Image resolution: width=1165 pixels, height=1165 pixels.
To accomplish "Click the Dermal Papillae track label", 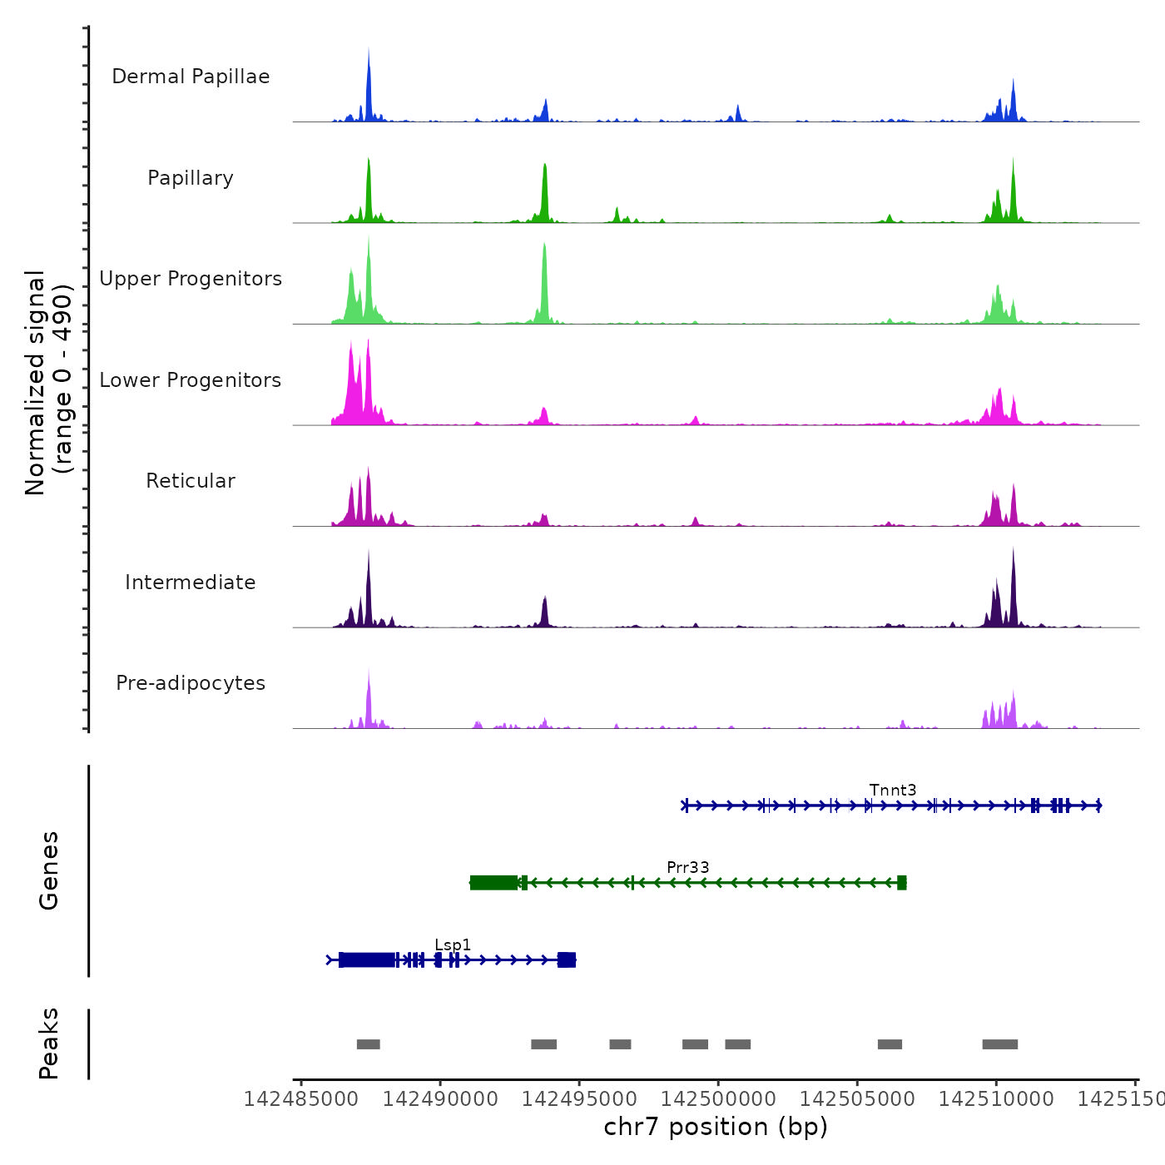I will [191, 77].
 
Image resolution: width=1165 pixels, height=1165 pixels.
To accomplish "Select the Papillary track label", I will [191, 178].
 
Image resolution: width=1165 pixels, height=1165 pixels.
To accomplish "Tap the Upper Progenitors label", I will [191, 279].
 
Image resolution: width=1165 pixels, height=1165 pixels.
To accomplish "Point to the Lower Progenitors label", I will [191, 380].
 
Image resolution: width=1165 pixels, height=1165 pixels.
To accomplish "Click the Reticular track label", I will [191, 481].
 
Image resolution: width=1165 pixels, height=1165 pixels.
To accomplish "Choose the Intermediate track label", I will [191, 582].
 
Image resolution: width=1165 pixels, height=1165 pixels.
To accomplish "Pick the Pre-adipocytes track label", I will [191, 683].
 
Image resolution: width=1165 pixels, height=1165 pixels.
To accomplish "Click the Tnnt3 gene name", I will [893, 790].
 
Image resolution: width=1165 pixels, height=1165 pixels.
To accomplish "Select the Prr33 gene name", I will [688, 867].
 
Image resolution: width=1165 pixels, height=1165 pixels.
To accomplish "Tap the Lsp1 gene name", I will [453, 944].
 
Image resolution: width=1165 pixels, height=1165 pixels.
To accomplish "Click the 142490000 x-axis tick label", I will [440, 1099].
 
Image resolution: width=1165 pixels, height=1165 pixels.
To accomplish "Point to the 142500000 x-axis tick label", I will [718, 1099].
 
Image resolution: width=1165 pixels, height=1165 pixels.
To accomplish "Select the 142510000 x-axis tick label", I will [996, 1099].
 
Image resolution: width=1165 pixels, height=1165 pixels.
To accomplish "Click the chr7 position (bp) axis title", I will [716, 1127].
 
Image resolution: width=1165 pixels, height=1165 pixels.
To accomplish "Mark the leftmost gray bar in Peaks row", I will [368, 1044].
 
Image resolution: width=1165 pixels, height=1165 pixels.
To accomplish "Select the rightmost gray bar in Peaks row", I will [999, 1044].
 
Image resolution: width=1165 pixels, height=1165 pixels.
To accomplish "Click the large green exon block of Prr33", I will [493, 883].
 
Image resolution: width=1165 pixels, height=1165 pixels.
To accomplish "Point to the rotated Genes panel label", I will [48, 870].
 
